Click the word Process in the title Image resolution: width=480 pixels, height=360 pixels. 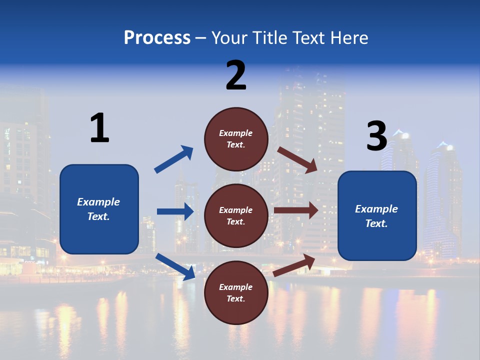(157, 38)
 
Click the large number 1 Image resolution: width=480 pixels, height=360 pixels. (99, 128)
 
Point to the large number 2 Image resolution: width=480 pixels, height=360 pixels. (236, 75)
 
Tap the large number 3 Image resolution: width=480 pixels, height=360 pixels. (377, 136)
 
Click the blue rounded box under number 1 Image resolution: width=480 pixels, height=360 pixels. (99, 209)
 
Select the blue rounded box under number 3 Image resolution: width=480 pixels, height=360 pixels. (377, 216)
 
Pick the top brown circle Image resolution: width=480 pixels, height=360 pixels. (236, 138)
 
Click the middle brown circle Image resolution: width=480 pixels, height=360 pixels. (236, 215)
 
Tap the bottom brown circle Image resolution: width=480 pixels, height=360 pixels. (236, 292)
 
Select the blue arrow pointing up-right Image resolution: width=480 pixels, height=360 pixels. (174, 159)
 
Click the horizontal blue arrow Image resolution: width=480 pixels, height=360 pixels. (175, 211)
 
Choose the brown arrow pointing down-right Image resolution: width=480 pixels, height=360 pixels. (297, 159)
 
